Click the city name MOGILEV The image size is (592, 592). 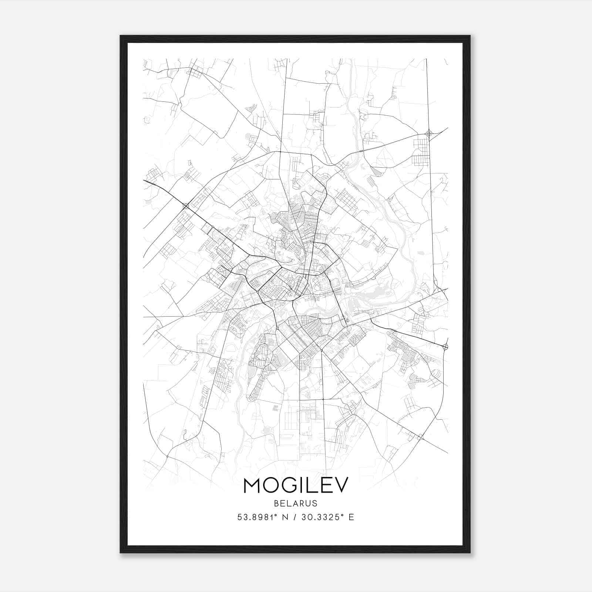(296, 485)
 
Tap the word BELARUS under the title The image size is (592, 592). (296, 503)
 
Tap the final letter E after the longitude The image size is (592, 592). (351, 517)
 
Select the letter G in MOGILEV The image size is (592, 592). (290, 485)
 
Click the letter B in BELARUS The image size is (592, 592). (277, 503)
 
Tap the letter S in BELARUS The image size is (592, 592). (315, 503)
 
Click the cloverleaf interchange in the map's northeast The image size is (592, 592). (429, 133)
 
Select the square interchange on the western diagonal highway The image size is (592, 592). (186, 206)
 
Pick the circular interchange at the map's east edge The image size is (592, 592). (445, 347)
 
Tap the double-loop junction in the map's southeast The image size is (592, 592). (420, 437)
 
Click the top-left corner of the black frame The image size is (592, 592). (121, 36)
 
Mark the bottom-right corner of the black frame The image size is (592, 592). (470, 553)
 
